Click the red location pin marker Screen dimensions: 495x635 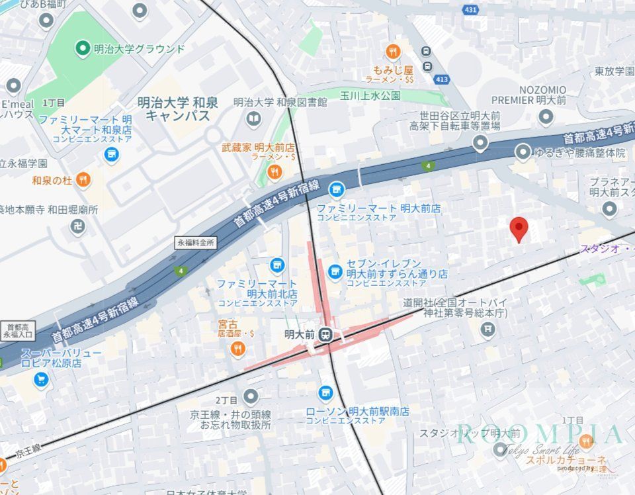519,229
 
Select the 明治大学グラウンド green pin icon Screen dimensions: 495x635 83,48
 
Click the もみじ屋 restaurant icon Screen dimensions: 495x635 393,52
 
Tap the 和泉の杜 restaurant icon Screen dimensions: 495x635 83,179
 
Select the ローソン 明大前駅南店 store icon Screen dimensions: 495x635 325,393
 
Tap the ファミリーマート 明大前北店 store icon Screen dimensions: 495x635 276,265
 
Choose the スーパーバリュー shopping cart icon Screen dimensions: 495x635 42,379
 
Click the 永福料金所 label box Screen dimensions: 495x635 196,243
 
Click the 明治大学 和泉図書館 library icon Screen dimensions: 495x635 253,119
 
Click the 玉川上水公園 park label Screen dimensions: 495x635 371,95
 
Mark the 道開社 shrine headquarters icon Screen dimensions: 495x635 487,328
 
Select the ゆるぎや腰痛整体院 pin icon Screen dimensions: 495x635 523,153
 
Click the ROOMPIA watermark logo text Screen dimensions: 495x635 539,434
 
